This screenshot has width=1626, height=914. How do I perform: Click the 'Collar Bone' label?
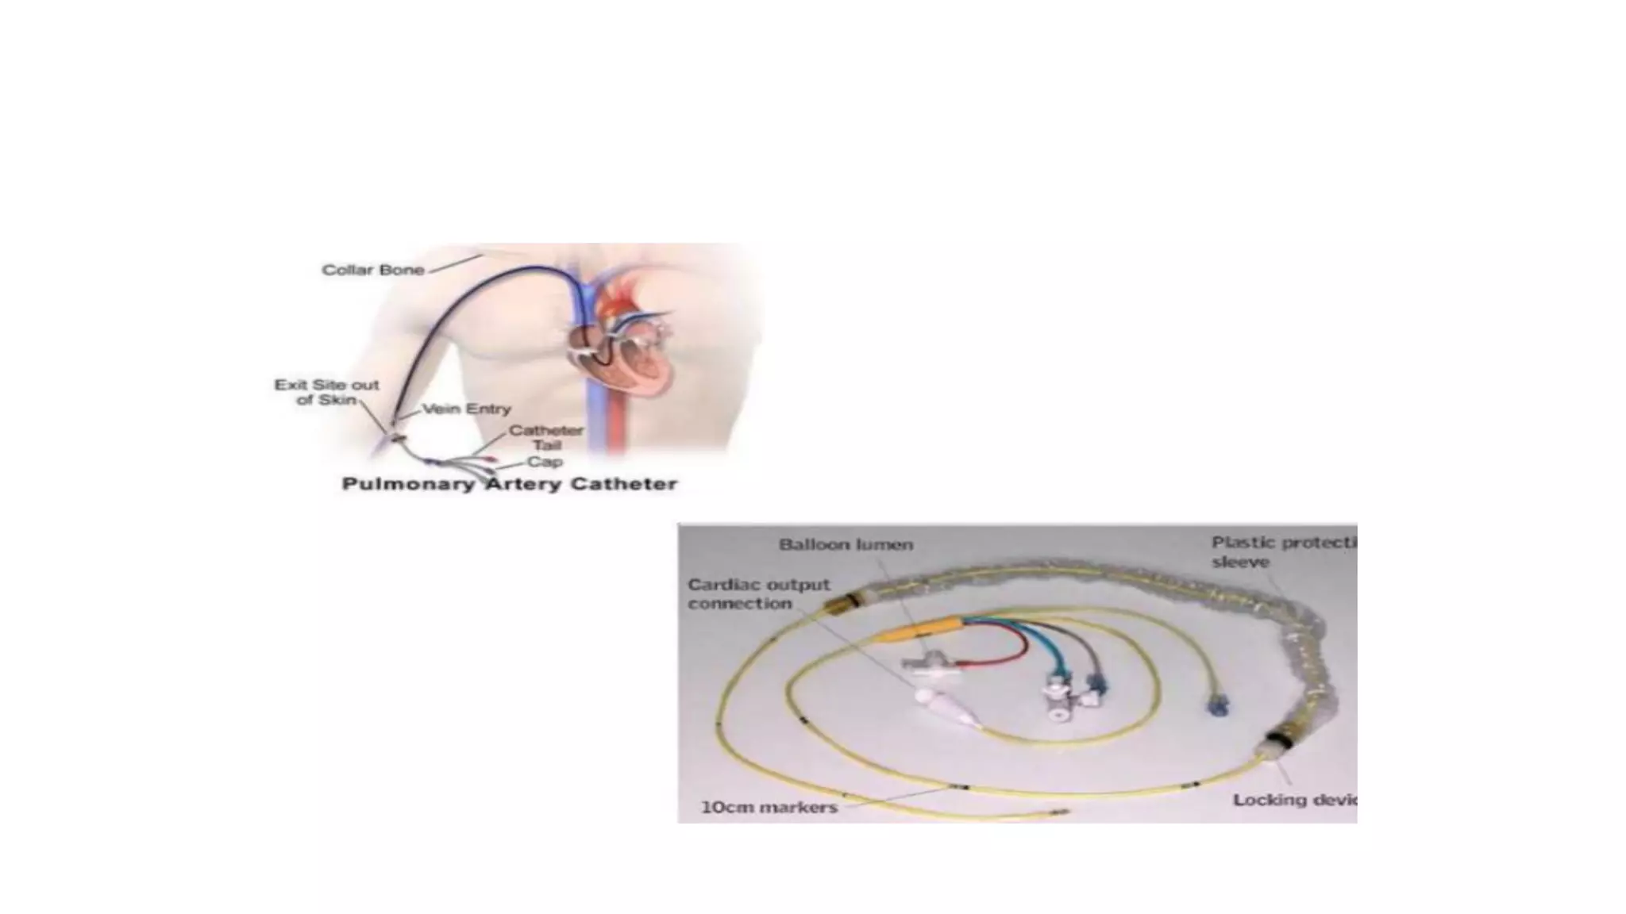click(x=372, y=270)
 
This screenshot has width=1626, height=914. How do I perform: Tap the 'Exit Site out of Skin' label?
click(x=326, y=392)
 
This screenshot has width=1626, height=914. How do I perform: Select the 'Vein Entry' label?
click(x=466, y=409)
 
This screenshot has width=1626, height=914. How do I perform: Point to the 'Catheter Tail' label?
click(x=546, y=437)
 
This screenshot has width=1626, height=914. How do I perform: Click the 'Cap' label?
click(x=545, y=462)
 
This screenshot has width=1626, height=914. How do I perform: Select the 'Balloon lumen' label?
click(x=846, y=545)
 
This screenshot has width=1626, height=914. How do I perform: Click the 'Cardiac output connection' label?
click(x=758, y=594)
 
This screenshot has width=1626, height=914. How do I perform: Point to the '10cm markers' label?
click(x=769, y=808)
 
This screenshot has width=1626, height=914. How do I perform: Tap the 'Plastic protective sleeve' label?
click(x=1282, y=552)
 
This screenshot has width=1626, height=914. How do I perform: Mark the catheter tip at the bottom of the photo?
click(x=1060, y=812)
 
